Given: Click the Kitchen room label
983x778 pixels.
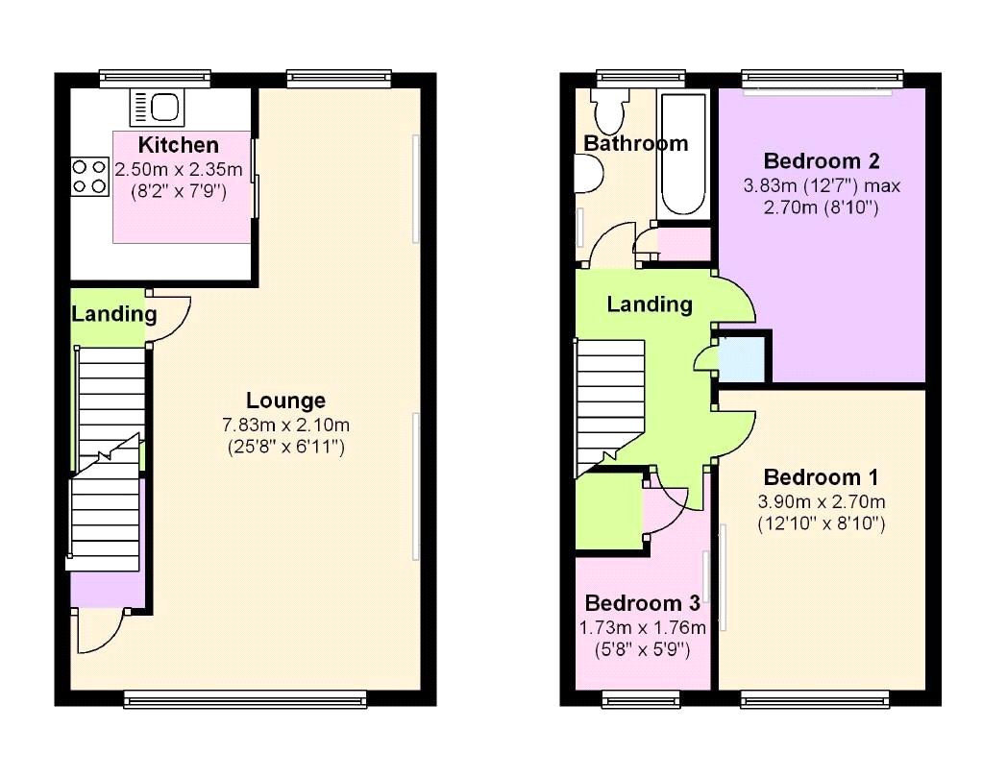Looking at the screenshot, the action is (x=178, y=145).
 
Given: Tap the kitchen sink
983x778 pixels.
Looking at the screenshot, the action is (x=158, y=107).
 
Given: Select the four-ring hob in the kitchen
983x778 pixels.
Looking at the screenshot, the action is (x=89, y=177).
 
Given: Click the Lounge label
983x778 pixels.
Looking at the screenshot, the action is (x=285, y=401).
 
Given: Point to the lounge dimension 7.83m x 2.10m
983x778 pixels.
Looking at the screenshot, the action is (x=286, y=425).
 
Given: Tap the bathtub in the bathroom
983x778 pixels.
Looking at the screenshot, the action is (x=683, y=154).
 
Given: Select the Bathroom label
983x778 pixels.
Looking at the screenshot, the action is (x=636, y=143).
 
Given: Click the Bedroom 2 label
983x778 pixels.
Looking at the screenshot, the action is (x=822, y=161).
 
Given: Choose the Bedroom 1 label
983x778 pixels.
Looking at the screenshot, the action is (x=822, y=477).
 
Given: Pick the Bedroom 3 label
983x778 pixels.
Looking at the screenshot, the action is (x=642, y=603).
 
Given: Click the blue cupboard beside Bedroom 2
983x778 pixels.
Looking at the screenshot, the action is (x=741, y=359).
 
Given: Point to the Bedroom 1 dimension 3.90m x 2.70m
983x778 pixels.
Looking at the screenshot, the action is (x=822, y=501).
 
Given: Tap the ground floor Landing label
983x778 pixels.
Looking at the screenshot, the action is (x=113, y=314).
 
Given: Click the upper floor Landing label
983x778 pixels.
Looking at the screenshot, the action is (x=650, y=304).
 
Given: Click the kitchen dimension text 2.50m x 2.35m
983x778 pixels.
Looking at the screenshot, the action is (x=179, y=169).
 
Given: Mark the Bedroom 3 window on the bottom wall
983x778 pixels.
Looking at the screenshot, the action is (x=641, y=698).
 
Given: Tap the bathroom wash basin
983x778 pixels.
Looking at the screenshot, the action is (x=589, y=173).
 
